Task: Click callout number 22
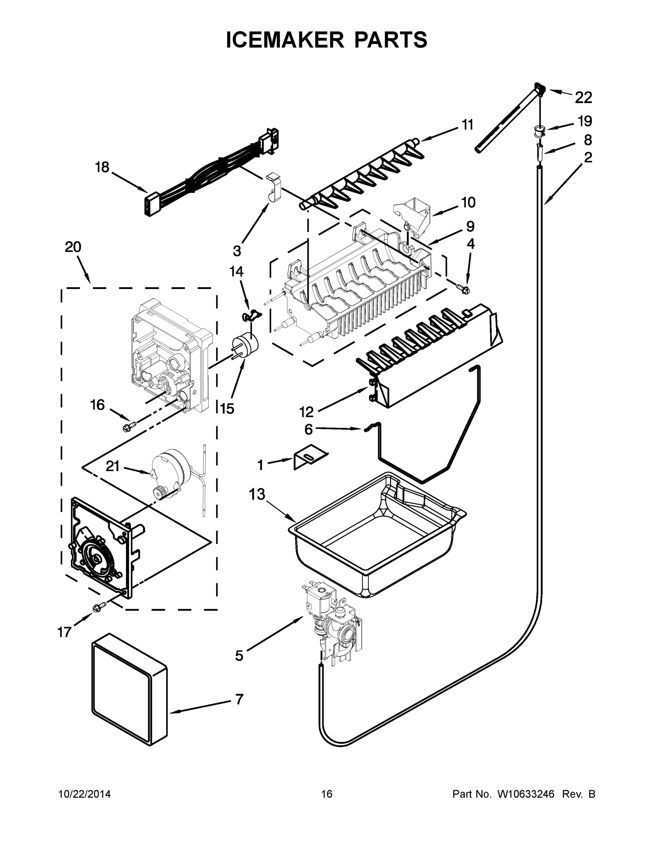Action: [x=583, y=98]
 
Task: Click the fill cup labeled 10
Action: [x=412, y=212]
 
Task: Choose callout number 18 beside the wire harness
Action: [x=102, y=167]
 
